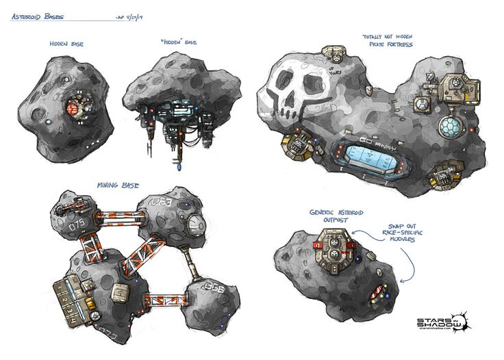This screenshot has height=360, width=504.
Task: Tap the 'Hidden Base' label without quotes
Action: pyautogui.click(x=68, y=43)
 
